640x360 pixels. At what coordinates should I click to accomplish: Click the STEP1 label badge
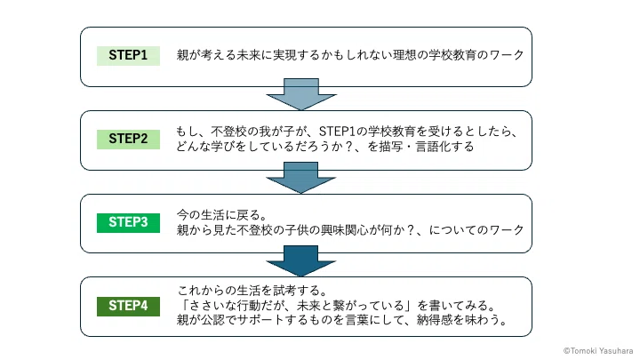[x=128, y=55]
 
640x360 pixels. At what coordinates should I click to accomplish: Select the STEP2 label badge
[x=128, y=140]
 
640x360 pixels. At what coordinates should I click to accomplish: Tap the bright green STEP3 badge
[x=128, y=223]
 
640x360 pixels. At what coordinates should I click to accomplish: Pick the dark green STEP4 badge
[x=128, y=306]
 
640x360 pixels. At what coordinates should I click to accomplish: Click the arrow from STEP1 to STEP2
[x=301, y=95]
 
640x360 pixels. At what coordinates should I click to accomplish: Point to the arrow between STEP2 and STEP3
[x=300, y=178]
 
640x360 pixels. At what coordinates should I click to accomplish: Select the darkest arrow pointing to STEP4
[x=300, y=261]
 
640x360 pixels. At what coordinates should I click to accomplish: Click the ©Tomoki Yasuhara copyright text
[x=598, y=350]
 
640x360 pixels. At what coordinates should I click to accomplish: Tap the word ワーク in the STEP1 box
[x=507, y=55]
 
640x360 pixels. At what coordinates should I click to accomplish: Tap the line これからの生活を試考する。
[x=252, y=291]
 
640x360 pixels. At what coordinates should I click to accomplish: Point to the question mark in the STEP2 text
[x=348, y=147]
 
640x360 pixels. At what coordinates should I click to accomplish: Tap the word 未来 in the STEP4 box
[x=308, y=305]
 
